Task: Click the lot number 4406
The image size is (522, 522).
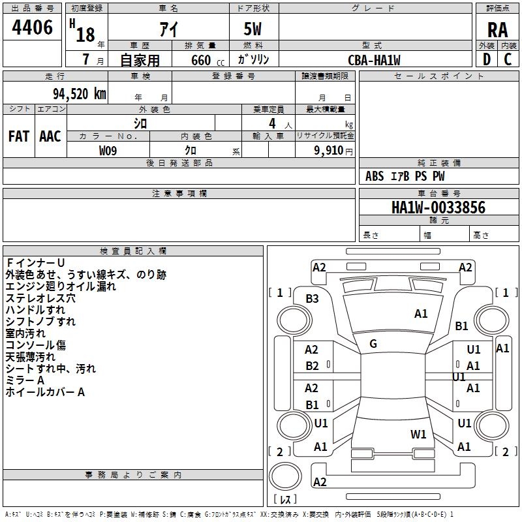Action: (x=33, y=27)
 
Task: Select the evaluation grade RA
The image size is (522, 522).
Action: (x=497, y=29)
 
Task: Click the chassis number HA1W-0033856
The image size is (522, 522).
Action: (x=438, y=207)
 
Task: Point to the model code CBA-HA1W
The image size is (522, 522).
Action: (x=374, y=60)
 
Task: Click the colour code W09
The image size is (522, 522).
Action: (x=109, y=150)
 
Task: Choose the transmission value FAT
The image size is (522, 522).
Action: (x=19, y=136)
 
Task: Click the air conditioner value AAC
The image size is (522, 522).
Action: (x=50, y=136)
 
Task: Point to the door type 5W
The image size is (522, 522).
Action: (x=253, y=29)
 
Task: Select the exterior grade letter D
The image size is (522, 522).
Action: (x=486, y=59)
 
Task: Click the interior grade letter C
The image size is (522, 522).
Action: (x=508, y=59)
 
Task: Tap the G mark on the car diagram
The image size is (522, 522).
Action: (x=373, y=343)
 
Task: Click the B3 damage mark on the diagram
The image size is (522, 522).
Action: (x=313, y=298)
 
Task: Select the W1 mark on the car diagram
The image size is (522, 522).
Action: (x=418, y=434)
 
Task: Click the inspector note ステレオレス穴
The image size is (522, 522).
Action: (x=40, y=298)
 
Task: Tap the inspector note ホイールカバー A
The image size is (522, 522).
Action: (x=45, y=392)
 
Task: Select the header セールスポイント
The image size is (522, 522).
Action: (x=439, y=76)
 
